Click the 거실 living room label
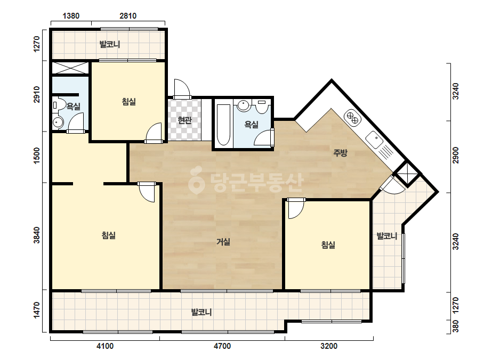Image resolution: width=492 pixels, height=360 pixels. (223, 242)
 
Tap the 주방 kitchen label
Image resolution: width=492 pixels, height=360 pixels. (340, 153)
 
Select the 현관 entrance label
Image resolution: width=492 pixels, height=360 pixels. (184, 120)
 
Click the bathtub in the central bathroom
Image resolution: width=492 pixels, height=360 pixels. (223, 125)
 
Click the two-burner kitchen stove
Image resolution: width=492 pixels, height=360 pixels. (352, 118)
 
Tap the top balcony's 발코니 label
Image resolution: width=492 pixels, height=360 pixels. (110, 44)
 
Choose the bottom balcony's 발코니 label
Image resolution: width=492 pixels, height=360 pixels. (201, 312)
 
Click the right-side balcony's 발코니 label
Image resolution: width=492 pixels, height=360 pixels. (387, 236)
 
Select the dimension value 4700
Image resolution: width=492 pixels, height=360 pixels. (222, 346)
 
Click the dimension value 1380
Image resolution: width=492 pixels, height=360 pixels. (71, 15)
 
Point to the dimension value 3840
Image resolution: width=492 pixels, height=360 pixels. (37, 235)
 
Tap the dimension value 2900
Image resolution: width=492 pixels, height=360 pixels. (456, 155)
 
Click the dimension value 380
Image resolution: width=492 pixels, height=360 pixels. (456, 326)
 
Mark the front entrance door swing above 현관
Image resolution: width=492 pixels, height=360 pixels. (182, 87)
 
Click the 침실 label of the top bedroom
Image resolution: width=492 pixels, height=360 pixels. (128, 102)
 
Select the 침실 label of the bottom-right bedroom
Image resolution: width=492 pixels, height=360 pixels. (328, 244)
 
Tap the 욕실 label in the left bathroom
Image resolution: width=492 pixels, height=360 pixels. (74, 107)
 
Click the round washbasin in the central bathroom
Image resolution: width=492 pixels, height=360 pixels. (243, 105)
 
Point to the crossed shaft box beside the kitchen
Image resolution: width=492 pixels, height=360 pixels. (407, 174)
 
